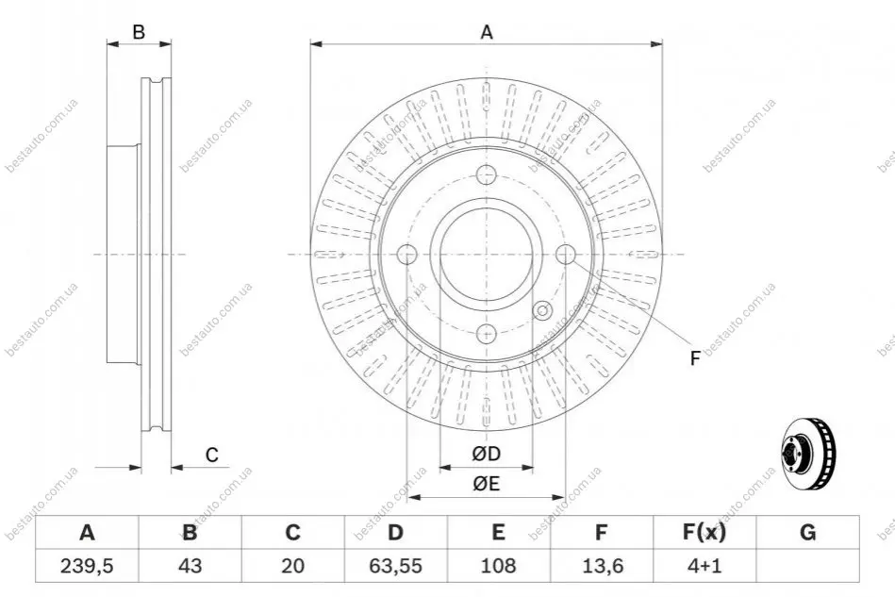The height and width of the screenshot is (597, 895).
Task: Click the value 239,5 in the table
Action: click(x=87, y=566)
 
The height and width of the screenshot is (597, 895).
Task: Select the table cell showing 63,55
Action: click(x=395, y=566)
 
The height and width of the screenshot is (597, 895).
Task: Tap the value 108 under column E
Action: click(x=498, y=566)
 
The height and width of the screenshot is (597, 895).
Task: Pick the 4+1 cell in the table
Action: click(x=704, y=566)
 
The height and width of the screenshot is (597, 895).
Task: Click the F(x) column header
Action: click(x=704, y=533)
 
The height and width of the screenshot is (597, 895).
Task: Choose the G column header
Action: click(x=807, y=533)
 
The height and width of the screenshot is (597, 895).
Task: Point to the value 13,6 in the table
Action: click(x=602, y=566)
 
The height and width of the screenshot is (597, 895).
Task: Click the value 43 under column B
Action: click(x=191, y=566)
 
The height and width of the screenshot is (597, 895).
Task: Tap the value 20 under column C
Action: click(x=292, y=566)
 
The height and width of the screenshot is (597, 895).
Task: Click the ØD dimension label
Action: click(x=487, y=454)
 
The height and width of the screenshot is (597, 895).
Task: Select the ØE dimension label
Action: click(x=487, y=484)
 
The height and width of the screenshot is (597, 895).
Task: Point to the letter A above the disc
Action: click(x=487, y=32)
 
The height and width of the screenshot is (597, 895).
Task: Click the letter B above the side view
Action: click(x=139, y=32)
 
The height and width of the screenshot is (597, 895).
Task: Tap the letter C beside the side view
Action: click(x=212, y=455)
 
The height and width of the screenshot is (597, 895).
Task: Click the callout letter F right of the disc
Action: click(x=695, y=358)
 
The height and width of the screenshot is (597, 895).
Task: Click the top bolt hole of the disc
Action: click(x=487, y=174)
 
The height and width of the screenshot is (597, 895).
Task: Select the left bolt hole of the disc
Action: click(x=407, y=254)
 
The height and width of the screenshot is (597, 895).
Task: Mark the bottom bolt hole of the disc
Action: click(x=487, y=333)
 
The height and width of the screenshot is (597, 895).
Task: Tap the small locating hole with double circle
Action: click(x=542, y=311)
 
